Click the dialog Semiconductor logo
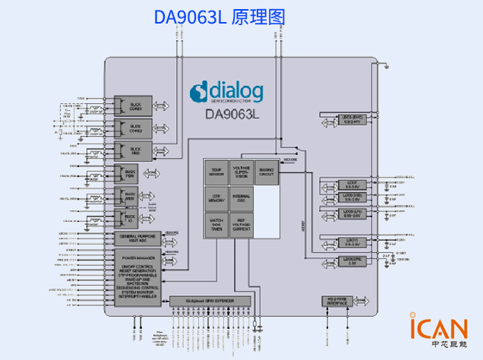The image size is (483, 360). click(228, 92)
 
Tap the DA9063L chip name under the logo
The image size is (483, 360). click(232, 115)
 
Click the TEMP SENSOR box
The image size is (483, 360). click(216, 172)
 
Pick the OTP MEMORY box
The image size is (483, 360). click(216, 199)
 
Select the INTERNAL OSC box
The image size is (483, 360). click(241, 199)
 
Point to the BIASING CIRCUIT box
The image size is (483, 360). click(266, 172)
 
